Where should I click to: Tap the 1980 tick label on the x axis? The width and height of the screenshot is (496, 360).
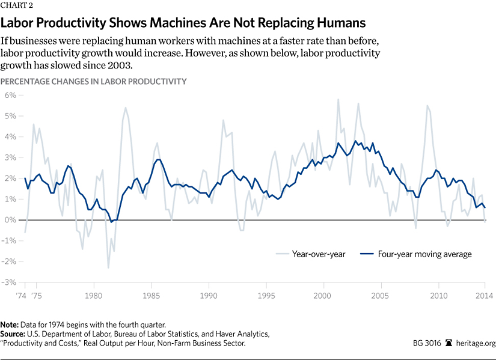click(93, 296)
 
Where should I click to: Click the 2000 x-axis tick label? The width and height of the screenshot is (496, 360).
click(323, 296)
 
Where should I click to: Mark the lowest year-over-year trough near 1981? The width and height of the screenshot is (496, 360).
click(108, 267)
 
